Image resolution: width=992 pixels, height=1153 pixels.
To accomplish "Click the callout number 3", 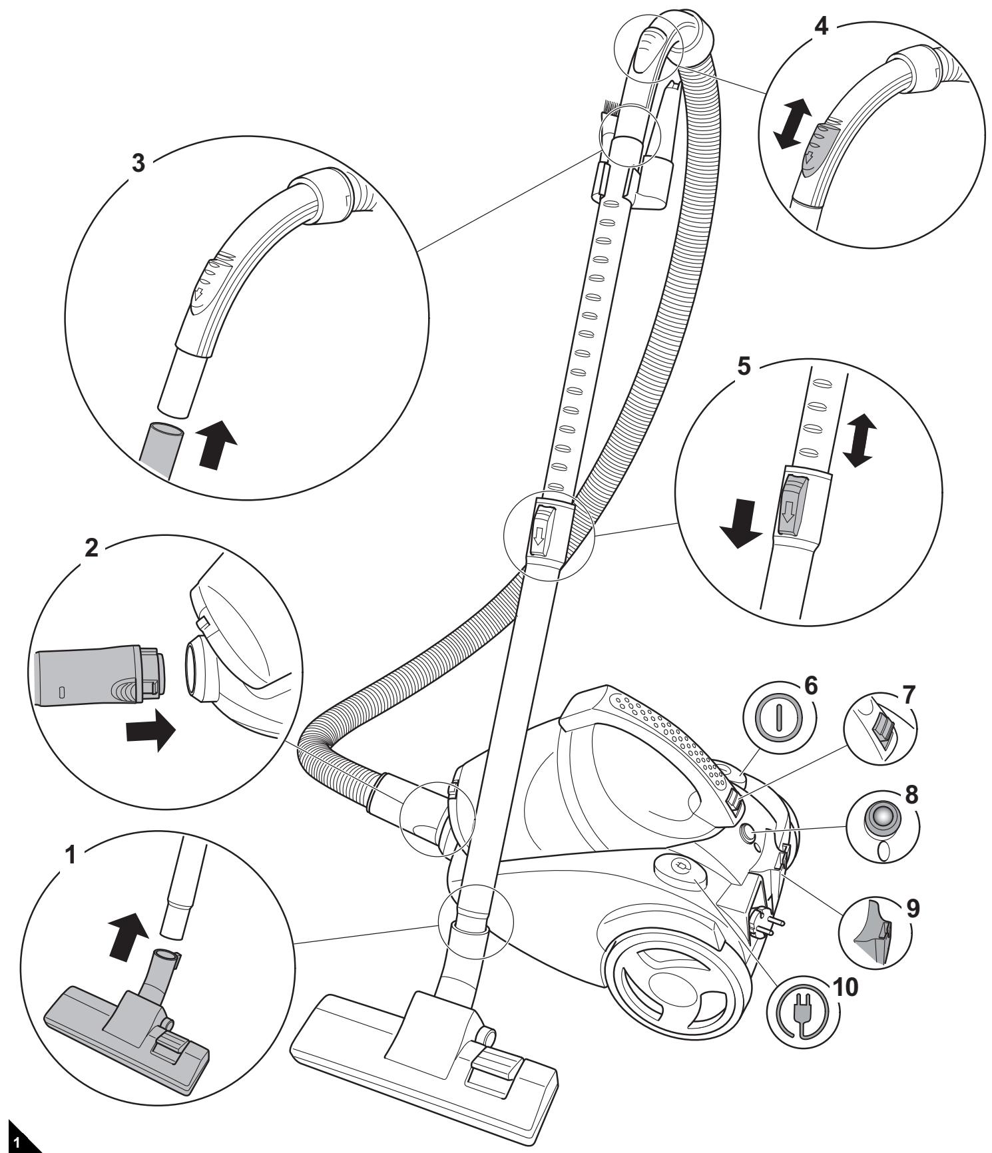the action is [x=138, y=164].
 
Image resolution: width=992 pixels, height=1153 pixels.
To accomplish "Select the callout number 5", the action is [x=744, y=367].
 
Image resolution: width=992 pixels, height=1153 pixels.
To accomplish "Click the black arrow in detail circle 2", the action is [x=150, y=732].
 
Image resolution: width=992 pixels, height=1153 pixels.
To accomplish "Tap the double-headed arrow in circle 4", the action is [x=793, y=123].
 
